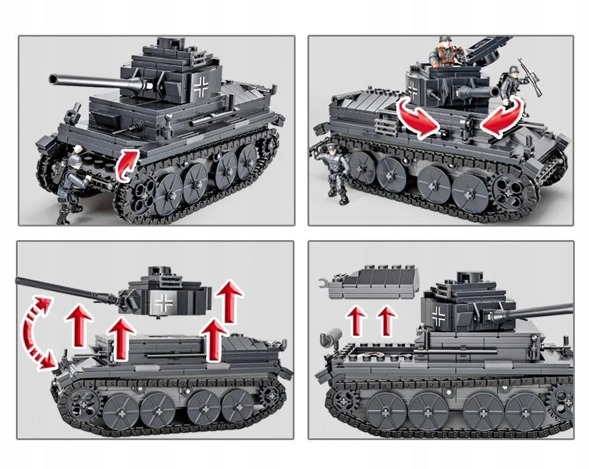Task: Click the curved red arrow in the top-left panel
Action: click(x=127, y=164)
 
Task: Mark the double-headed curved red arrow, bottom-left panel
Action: click(x=37, y=333)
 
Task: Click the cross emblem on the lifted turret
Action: click(x=163, y=303)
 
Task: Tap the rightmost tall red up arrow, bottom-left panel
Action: click(x=230, y=301)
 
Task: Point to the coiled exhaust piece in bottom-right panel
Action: click(x=329, y=341)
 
